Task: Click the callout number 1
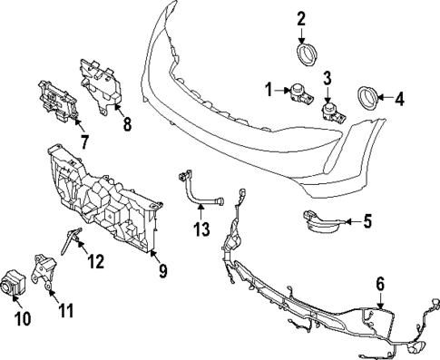point(269,89)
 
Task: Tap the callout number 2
point(302,18)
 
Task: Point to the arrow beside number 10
point(23,304)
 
